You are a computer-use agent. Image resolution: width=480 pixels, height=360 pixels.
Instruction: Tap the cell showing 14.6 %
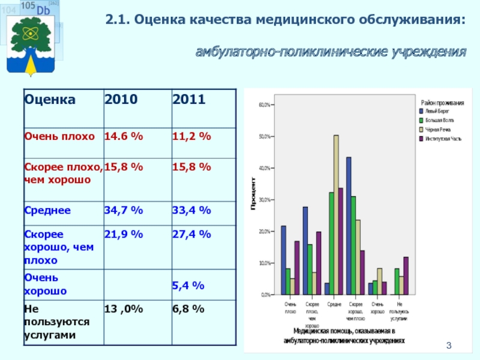(124, 137)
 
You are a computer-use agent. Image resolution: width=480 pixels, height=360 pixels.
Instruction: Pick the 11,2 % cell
(192, 137)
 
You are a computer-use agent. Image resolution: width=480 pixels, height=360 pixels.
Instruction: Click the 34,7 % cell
(124, 211)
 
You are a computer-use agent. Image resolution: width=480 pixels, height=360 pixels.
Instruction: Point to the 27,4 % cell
(192, 234)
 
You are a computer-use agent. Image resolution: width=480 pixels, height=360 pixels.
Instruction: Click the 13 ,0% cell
(124, 309)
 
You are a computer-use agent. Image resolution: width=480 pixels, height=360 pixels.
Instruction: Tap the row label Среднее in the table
(47, 211)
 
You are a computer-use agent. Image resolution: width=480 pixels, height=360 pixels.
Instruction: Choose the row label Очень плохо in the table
(59, 137)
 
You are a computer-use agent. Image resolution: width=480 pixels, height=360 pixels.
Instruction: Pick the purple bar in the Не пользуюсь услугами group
(406, 276)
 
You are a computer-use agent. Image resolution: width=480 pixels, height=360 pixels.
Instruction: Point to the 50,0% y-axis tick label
(265, 136)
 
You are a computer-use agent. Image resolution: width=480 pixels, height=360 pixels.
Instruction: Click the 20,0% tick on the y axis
(265, 232)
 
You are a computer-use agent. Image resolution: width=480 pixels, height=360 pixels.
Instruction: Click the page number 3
(448, 345)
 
